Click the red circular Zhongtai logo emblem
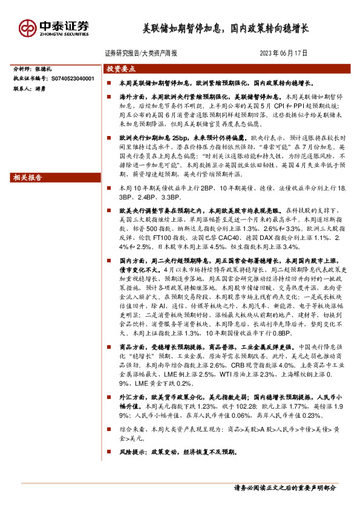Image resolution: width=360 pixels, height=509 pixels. (x=27, y=28)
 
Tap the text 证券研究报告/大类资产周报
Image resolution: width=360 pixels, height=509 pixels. (x=141, y=53)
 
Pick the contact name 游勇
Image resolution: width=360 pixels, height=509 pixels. (x=47, y=88)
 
